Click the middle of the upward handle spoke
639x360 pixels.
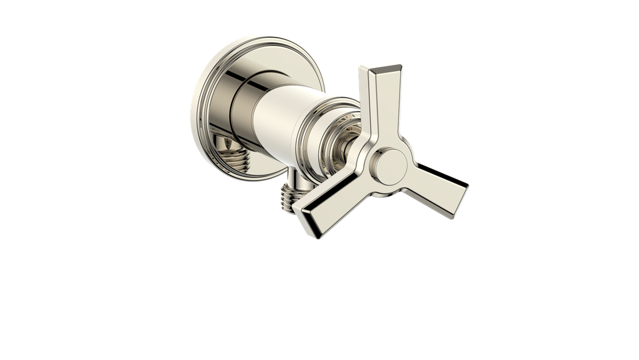(x=377, y=106)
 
